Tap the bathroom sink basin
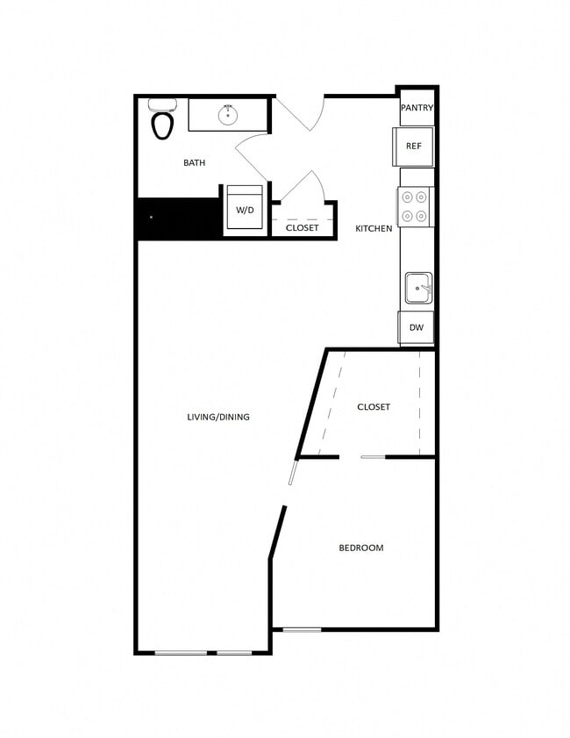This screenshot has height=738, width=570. (x=228, y=113)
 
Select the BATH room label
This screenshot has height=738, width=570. (x=195, y=162)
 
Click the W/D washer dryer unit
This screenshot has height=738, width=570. (x=245, y=209)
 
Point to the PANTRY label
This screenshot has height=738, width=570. (x=417, y=108)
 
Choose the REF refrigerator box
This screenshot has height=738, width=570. (x=414, y=147)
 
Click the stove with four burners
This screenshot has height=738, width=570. (x=415, y=207)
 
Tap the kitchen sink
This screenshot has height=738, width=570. (x=417, y=287)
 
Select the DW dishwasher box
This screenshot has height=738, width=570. (x=417, y=327)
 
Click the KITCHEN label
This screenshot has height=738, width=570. (x=374, y=229)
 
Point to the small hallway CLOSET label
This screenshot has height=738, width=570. (x=303, y=228)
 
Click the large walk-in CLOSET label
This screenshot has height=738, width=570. (x=374, y=407)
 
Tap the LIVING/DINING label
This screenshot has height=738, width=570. (x=218, y=417)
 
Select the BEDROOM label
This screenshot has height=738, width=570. (x=361, y=548)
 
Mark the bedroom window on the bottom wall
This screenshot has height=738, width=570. (x=302, y=629)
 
